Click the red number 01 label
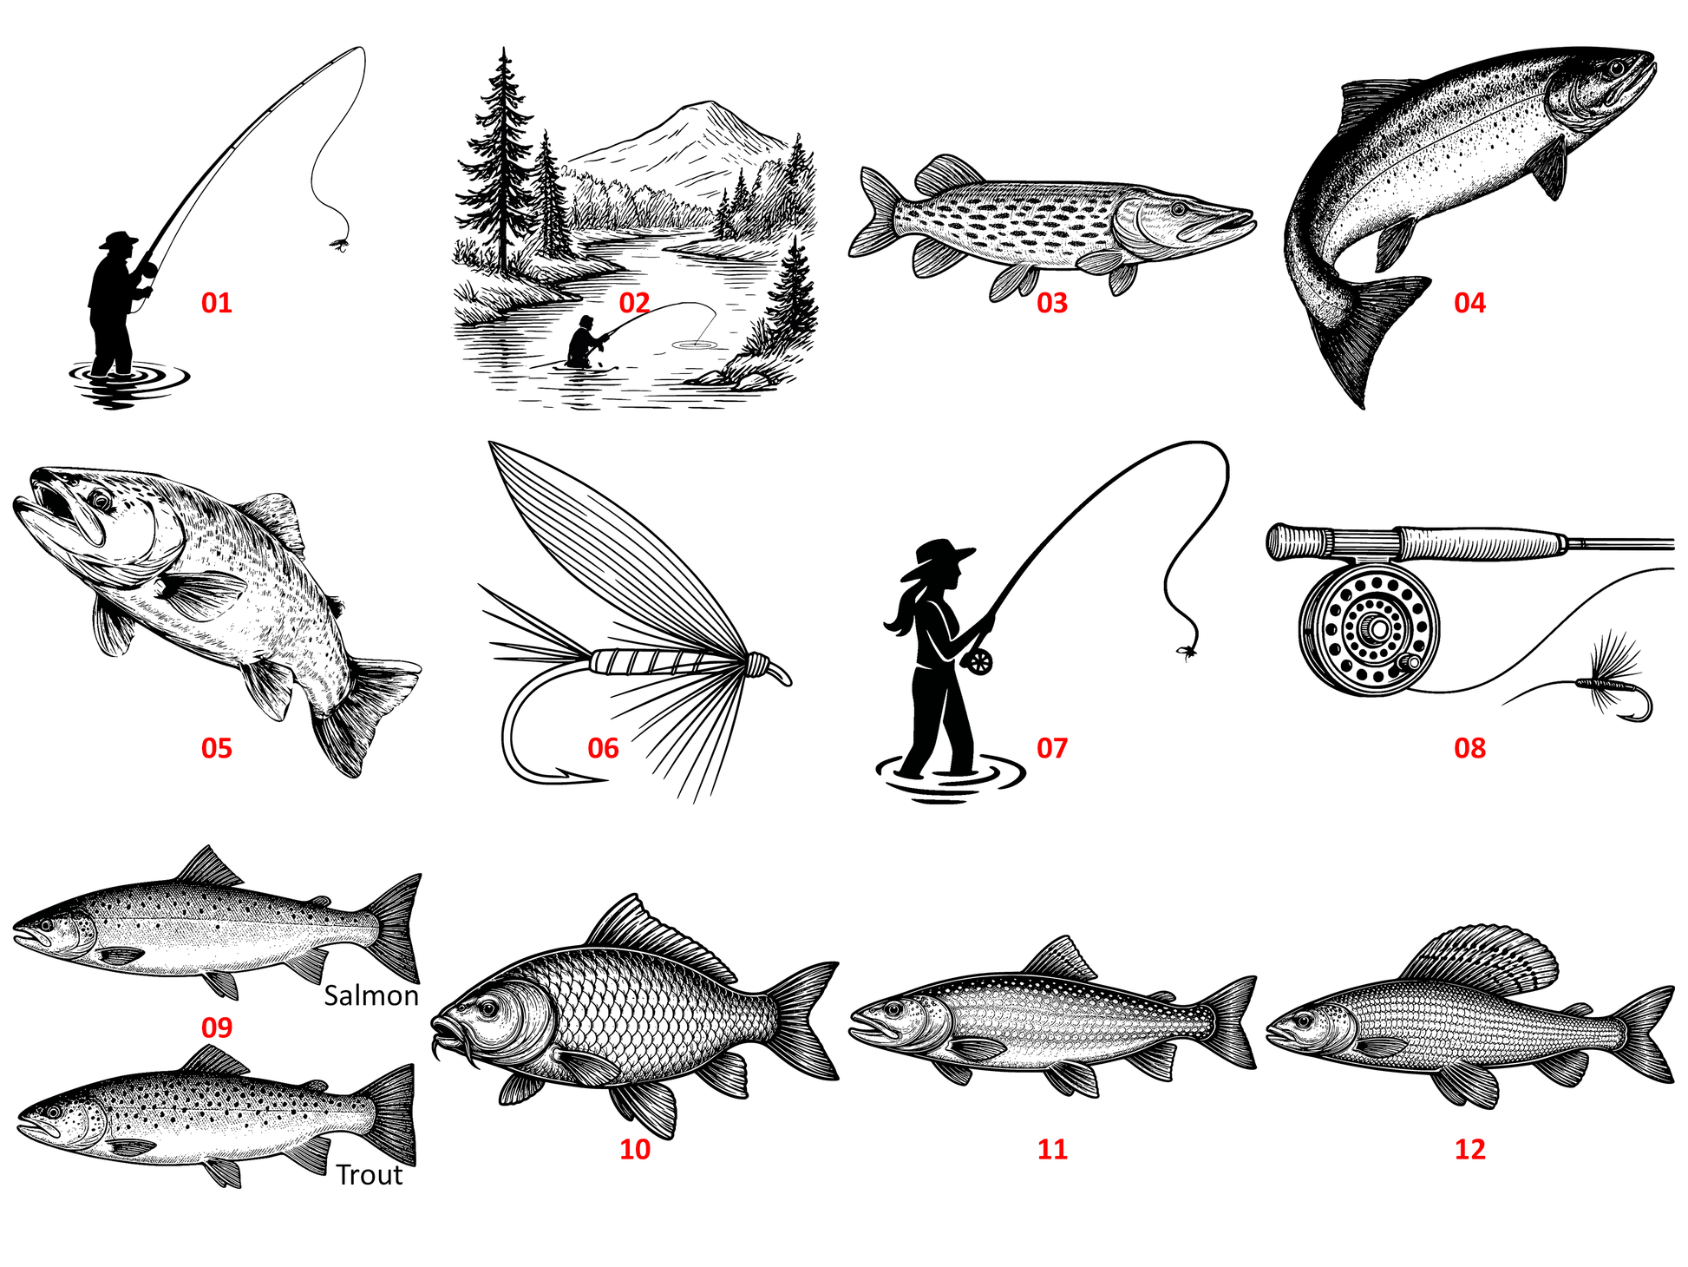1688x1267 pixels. (216, 303)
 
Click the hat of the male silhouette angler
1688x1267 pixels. (119, 240)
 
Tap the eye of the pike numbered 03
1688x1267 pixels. (1178, 209)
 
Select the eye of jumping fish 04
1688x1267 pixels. (1616, 68)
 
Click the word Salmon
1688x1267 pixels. (370, 995)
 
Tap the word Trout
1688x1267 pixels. (369, 1175)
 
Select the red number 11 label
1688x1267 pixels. (1052, 1149)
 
